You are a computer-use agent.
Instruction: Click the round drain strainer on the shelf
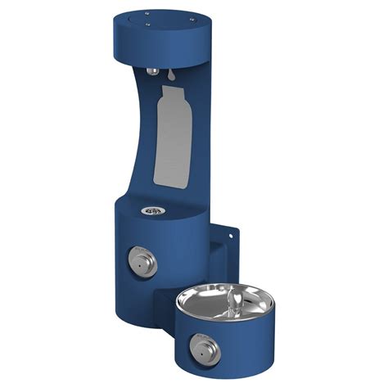click(x=149, y=210)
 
